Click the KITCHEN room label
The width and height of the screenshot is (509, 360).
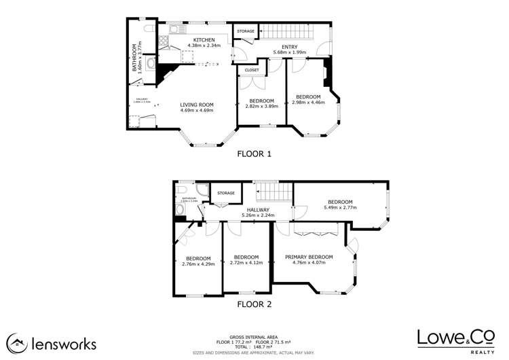pos(204,40)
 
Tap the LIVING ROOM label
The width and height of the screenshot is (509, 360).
pos(197,105)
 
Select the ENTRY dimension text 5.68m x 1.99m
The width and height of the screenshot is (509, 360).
pos(290,52)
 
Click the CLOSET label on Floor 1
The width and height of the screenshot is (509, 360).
pos(252,69)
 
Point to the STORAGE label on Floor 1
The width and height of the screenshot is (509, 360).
pos(246,31)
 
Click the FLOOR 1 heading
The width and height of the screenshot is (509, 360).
pos(254,153)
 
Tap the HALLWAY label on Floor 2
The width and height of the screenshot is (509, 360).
pos(258,210)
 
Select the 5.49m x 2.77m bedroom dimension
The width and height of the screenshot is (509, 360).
pos(340,208)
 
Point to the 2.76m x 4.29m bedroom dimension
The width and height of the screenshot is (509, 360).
pos(198,264)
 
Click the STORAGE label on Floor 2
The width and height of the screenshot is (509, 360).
pos(226,194)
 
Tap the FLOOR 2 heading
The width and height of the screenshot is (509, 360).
pos(254,304)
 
